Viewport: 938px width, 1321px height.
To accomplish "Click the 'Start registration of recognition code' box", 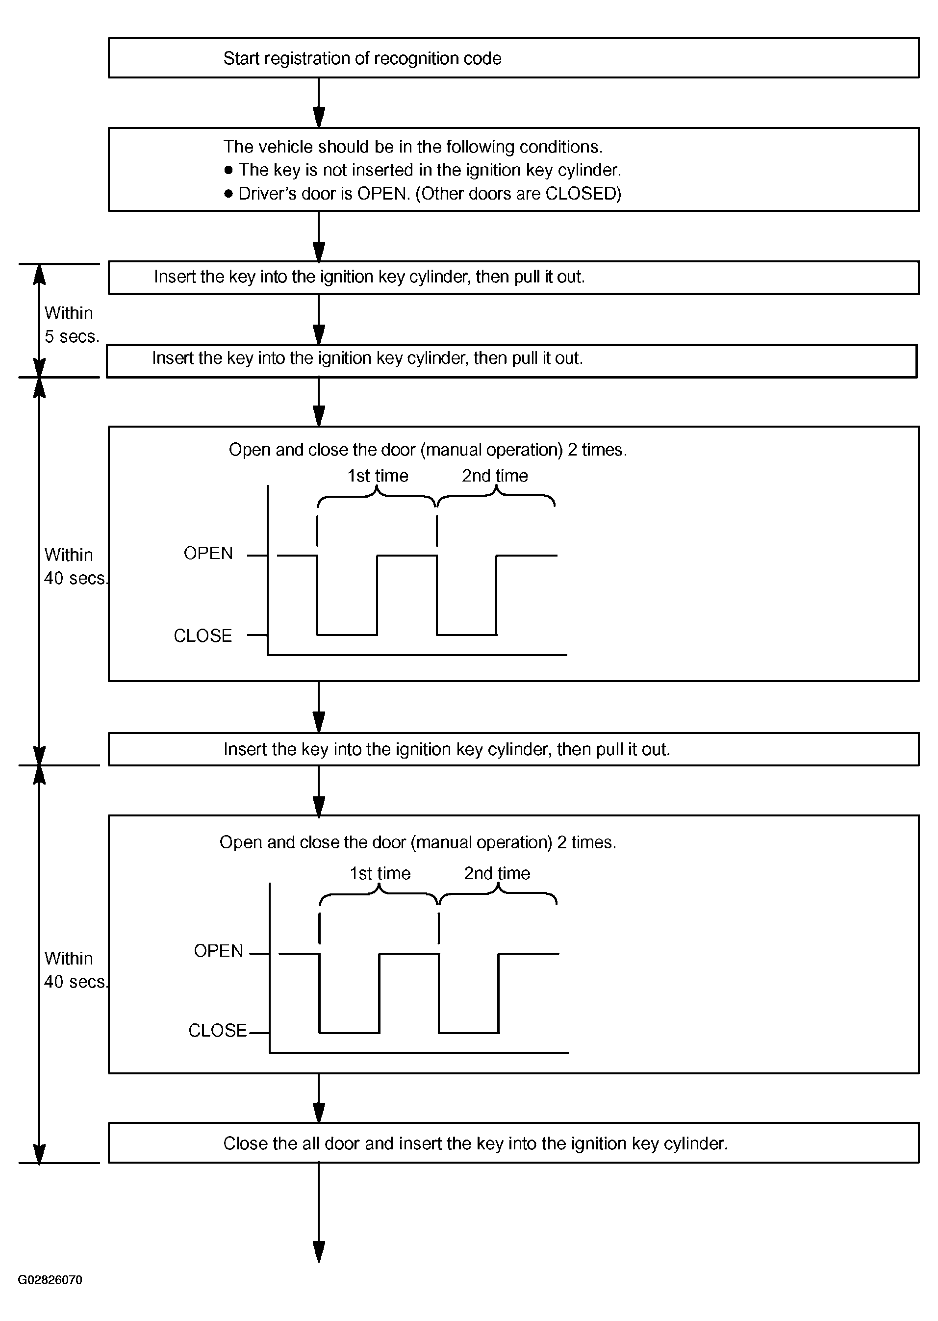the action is coord(513,58).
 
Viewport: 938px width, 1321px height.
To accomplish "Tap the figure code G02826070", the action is coord(50,1279).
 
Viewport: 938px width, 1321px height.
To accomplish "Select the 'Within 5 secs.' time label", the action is coord(72,325).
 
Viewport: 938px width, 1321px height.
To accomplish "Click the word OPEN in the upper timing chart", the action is coord(208,553).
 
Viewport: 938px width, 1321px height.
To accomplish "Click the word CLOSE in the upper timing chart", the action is coord(203,636).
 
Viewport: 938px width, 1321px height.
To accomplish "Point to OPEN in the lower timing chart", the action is coord(218,951).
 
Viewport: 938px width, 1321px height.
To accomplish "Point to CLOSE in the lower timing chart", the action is coord(218,1030).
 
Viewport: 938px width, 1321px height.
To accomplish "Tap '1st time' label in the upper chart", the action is coord(378,475).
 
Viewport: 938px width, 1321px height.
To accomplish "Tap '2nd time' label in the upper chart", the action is coord(495,475).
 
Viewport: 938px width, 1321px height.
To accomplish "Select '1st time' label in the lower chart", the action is coord(380,873).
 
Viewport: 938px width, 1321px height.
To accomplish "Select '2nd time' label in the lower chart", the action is coord(497,873).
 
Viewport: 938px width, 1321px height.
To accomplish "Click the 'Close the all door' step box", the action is coord(513,1143).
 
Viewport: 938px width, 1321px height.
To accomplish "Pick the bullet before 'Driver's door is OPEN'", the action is coord(228,194).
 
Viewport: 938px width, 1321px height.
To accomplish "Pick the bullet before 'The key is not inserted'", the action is coord(228,170).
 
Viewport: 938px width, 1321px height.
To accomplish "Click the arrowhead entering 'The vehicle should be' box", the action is coord(319,117).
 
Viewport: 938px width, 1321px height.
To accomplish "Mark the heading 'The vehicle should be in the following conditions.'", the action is coord(413,147).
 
